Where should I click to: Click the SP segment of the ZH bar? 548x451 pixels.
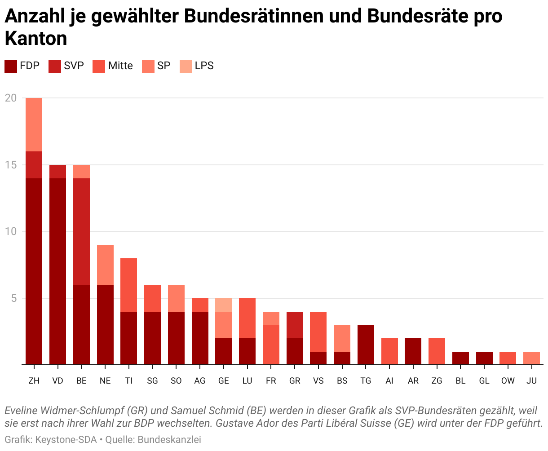tap(34, 124)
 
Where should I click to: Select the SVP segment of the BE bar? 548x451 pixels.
tap(81, 231)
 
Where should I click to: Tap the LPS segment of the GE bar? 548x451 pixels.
tap(224, 305)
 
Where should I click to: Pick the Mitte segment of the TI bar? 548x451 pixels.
tap(129, 285)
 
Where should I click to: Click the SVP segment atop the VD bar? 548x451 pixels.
tap(57, 172)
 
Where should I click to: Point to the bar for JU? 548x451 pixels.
tap(532, 358)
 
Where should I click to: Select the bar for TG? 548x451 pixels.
tap(366, 345)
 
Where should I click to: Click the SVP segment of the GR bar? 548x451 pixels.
tap(295, 325)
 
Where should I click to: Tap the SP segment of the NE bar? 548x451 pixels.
tap(105, 265)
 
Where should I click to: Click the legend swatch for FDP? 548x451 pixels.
tap(11, 66)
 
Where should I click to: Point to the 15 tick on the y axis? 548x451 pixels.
tap(11, 165)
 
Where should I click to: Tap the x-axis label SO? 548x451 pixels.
tap(176, 381)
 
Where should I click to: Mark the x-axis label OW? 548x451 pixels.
tap(508, 381)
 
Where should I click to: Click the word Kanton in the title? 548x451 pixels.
tap(36, 39)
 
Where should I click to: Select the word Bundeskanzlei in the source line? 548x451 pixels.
tap(169, 439)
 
